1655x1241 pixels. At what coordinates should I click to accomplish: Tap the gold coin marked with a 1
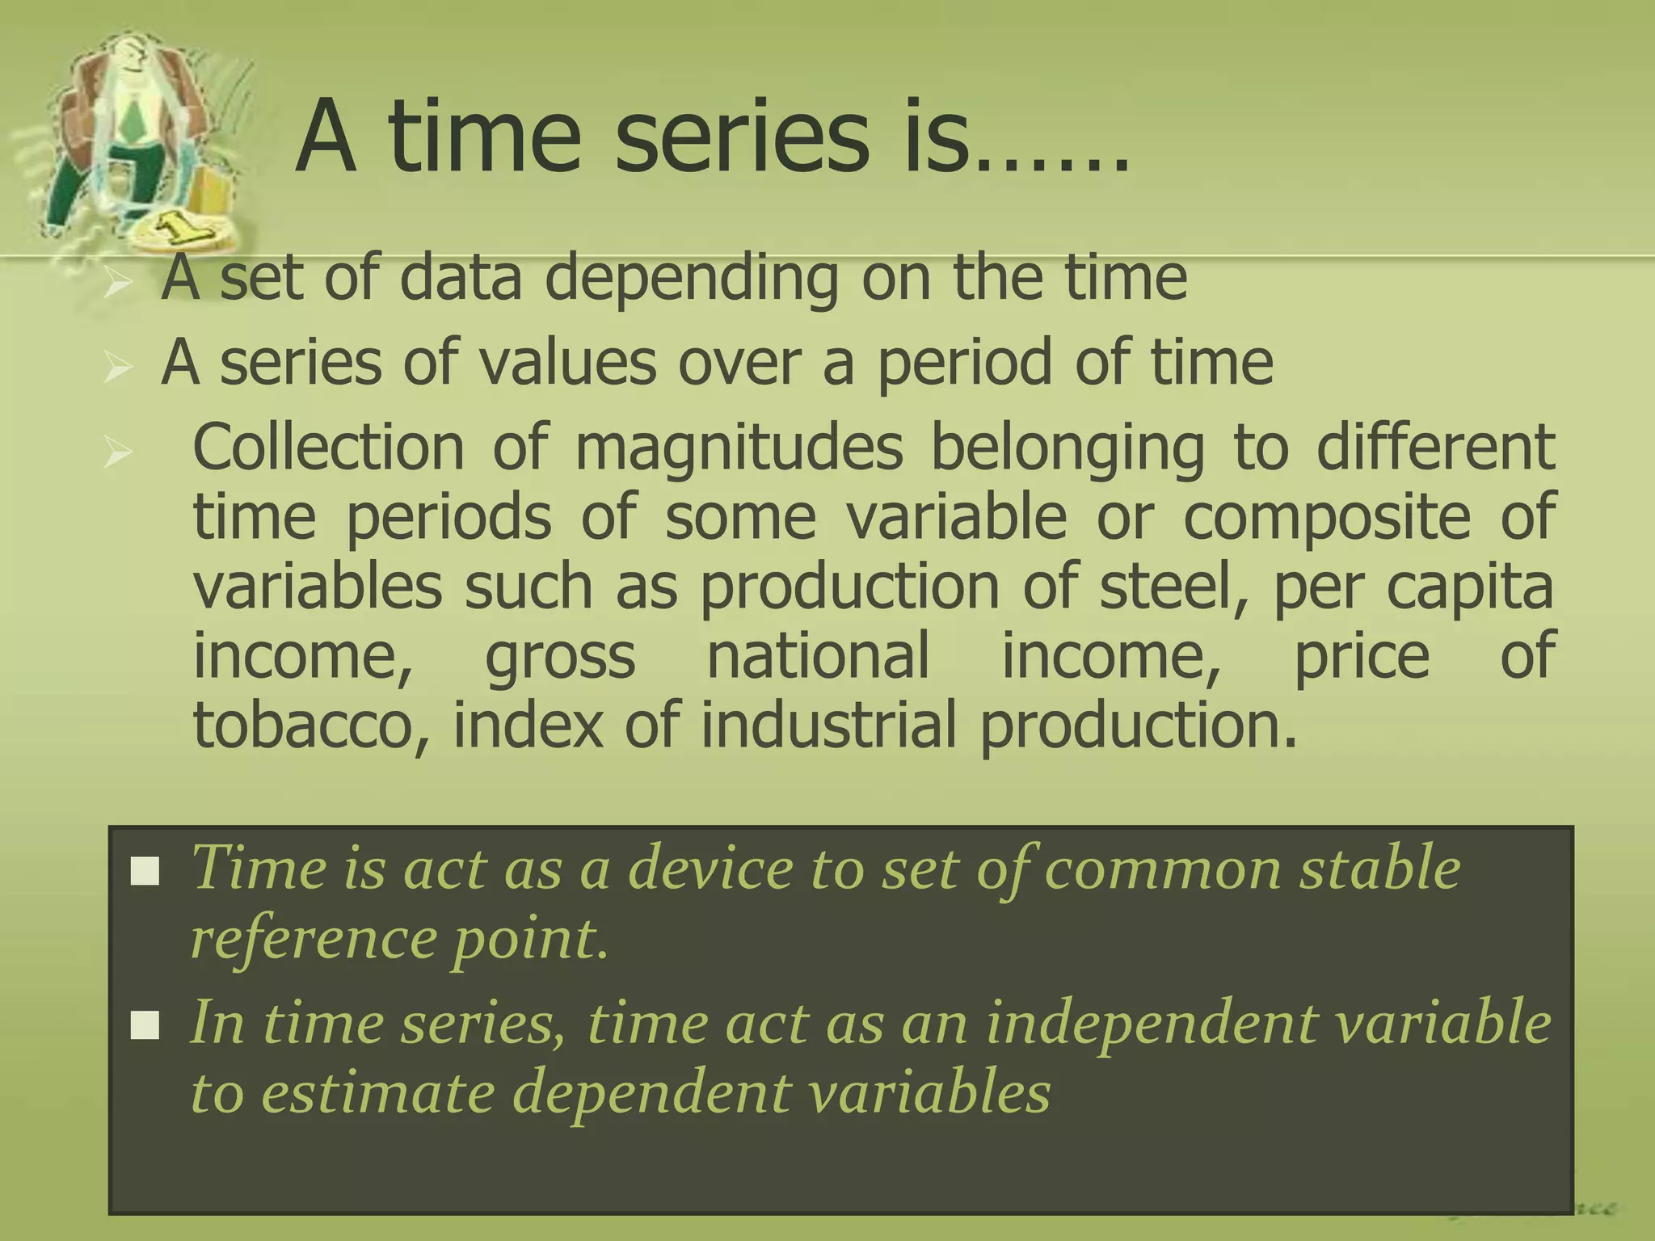click(183, 230)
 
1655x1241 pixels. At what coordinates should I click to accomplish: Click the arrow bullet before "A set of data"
click(118, 284)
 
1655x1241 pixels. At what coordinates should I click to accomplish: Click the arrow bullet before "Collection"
click(118, 453)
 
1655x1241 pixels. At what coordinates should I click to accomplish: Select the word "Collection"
click(328, 448)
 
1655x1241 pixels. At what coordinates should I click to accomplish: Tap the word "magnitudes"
click(739, 449)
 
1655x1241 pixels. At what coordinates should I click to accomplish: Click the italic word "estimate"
click(377, 1094)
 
